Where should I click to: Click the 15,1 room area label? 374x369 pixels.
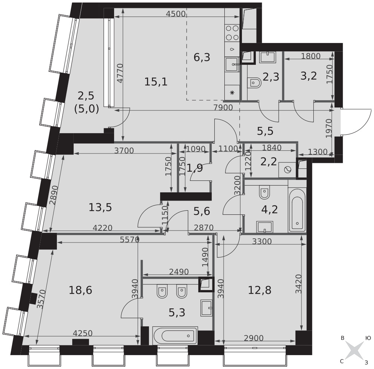click(x=156, y=82)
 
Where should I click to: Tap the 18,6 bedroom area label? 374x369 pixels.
click(x=80, y=290)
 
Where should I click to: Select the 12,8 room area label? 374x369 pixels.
click(x=260, y=290)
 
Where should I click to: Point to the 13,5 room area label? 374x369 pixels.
click(x=100, y=207)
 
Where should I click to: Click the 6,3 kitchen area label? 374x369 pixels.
click(x=202, y=58)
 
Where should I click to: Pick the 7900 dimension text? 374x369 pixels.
click(x=223, y=108)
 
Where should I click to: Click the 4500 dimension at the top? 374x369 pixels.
click(x=176, y=14)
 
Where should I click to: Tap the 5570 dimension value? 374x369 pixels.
click(x=129, y=240)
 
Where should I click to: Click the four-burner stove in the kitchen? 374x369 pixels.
click(x=232, y=33)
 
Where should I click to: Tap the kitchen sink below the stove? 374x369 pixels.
click(x=232, y=64)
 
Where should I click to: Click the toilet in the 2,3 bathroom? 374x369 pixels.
click(x=255, y=83)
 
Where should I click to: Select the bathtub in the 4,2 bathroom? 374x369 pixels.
click(x=297, y=210)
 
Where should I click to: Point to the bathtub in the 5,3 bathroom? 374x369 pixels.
click(x=175, y=336)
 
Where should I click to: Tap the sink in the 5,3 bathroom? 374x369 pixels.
click(x=206, y=308)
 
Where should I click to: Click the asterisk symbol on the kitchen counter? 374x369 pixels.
click(x=232, y=93)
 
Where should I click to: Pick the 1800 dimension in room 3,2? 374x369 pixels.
click(x=310, y=56)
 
